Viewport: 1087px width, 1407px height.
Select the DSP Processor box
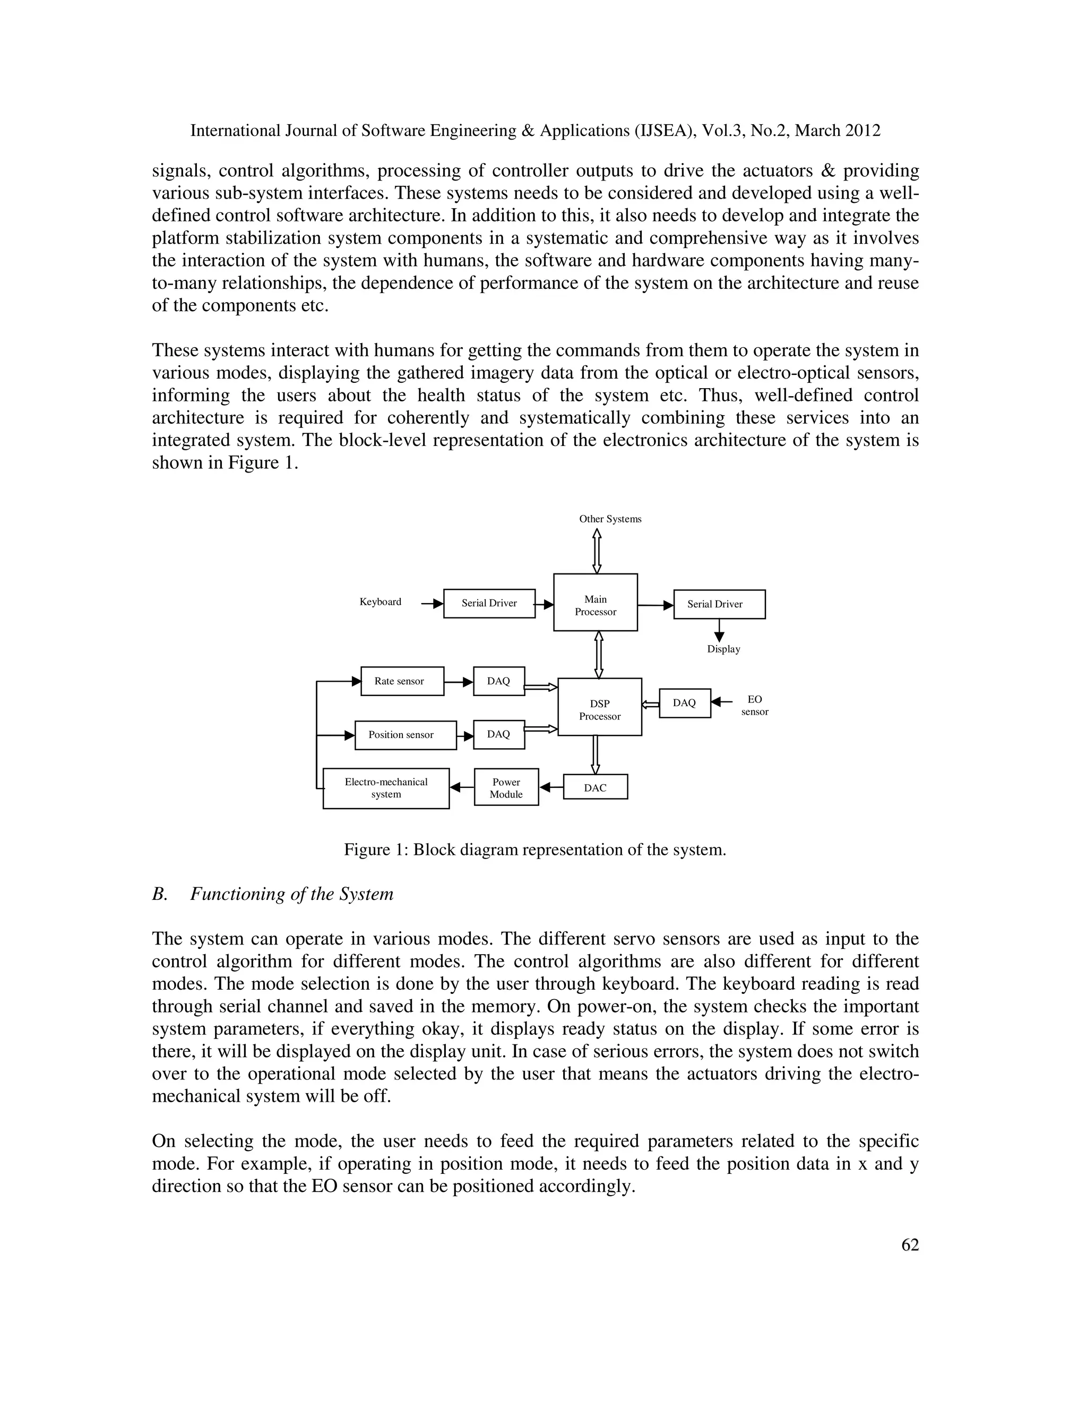(x=600, y=707)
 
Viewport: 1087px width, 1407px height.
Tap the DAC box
(x=595, y=787)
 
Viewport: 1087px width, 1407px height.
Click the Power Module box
(x=506, y=787)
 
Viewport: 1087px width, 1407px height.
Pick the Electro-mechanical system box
(x=386, y=788)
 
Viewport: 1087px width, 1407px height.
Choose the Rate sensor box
(x=402, y=681)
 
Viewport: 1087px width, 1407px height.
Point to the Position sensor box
(x=405, y=735)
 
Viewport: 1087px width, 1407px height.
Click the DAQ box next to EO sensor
(x=685, y=703)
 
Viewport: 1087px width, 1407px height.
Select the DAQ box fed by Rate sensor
(x=498, y=681)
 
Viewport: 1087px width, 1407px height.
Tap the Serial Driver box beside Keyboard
(x=489, y=604)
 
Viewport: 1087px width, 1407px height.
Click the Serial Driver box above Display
(x=719, y=604)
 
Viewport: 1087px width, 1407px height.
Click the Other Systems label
(x=610, y=519)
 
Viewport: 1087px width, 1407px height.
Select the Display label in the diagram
(x=723, y=649)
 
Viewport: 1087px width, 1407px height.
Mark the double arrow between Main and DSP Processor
(x=598, y=655)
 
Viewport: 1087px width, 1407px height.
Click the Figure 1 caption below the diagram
(x=534, y=850)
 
